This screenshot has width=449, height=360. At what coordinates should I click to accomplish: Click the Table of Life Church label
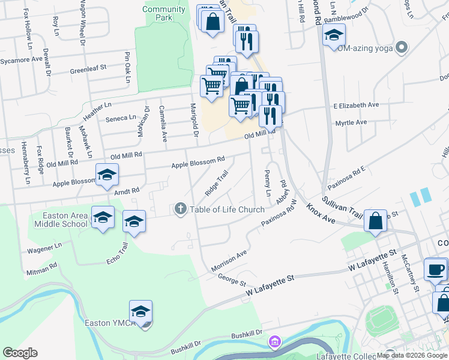[x=227, y=209]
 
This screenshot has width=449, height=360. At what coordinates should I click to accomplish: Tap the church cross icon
[x=179, y=209]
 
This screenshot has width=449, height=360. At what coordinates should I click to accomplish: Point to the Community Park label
[x=164, y=13]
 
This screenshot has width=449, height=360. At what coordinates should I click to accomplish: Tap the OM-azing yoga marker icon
[x=402, y=47]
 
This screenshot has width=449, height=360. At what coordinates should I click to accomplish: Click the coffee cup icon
[x=436, y=269]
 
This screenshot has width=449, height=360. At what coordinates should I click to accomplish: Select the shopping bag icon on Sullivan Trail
[x=375, y=220]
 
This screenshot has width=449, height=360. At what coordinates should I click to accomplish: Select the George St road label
[x=232, y=280]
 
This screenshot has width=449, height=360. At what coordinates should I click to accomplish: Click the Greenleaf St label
[x=88, y=69]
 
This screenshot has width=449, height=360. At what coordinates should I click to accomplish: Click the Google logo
[x=20, y=353]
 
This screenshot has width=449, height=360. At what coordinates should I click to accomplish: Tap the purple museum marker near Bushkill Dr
[x=275, y=342]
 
